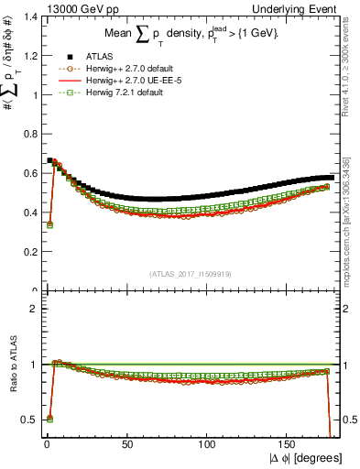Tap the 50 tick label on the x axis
(126, 443)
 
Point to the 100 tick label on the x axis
(208, 443)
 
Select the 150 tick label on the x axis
(289, 443)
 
